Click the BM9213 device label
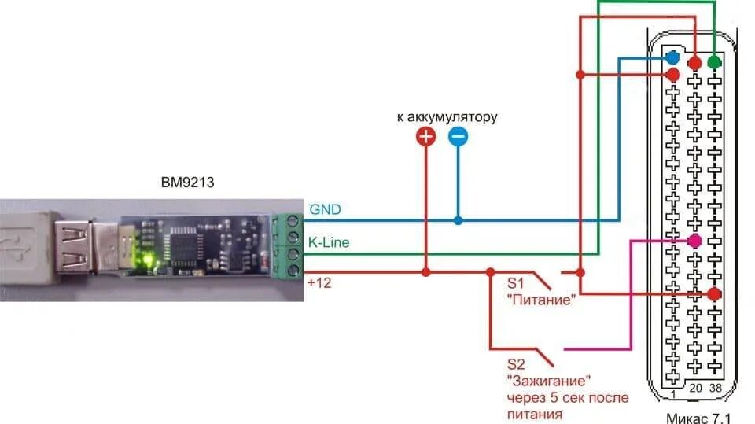click(x=186, y=183)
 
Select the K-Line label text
click(x=329, y=243)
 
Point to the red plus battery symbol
click(x=425, y=138)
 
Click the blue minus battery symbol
click(x=458, y=138)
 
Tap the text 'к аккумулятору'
click(x=447, y=117)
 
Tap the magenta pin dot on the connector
click(x=694, y=241)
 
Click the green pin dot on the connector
click(x=714, y=61)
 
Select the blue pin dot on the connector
click(x=672, y=58)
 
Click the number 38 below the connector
click(x=714, y=388)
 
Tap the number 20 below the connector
click(x=695, y=388)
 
